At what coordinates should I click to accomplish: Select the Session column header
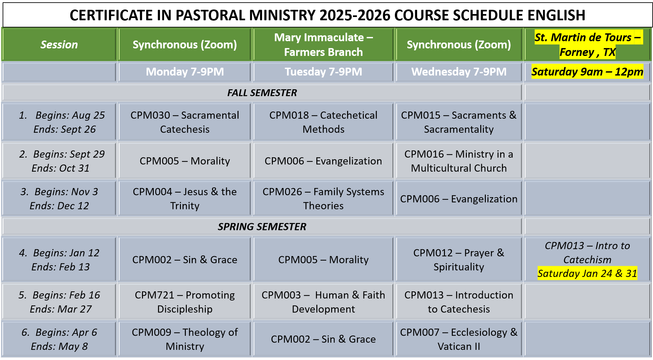click(x=59, y=44)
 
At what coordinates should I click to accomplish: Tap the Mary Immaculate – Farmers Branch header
click(x=323, y=45)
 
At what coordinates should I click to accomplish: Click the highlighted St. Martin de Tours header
click(x=588, y=45)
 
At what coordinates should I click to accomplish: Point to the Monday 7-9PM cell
click(x=185, y=72)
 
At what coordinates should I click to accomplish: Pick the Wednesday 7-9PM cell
click(x=459, y=72)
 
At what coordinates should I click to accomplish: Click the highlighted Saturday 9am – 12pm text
click(x=587, y=72)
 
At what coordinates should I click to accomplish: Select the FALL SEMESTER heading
click(x=262, y=93)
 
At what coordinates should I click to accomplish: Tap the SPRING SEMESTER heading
click(x=262, y=227)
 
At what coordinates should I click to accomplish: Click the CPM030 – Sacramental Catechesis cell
click(x=185, y=122)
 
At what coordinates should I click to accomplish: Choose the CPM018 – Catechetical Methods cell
click(x=323, y=122)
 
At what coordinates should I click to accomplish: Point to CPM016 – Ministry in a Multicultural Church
click(x=459, y=161)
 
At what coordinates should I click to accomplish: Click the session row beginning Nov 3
click(x=59, y=198)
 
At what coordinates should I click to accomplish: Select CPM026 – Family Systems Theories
click(x=323, y=198)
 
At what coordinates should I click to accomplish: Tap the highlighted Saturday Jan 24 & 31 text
click(x=587, y=273)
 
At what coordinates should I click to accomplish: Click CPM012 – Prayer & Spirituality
click(x=459, y=260)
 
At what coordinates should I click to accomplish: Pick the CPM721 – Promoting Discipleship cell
click(x=185, y=302)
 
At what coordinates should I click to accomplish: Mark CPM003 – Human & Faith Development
click(x=323, y=302)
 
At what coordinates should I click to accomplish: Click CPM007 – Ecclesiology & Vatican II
click(x=459, y=339)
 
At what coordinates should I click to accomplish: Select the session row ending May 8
click(x=59, y=339)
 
